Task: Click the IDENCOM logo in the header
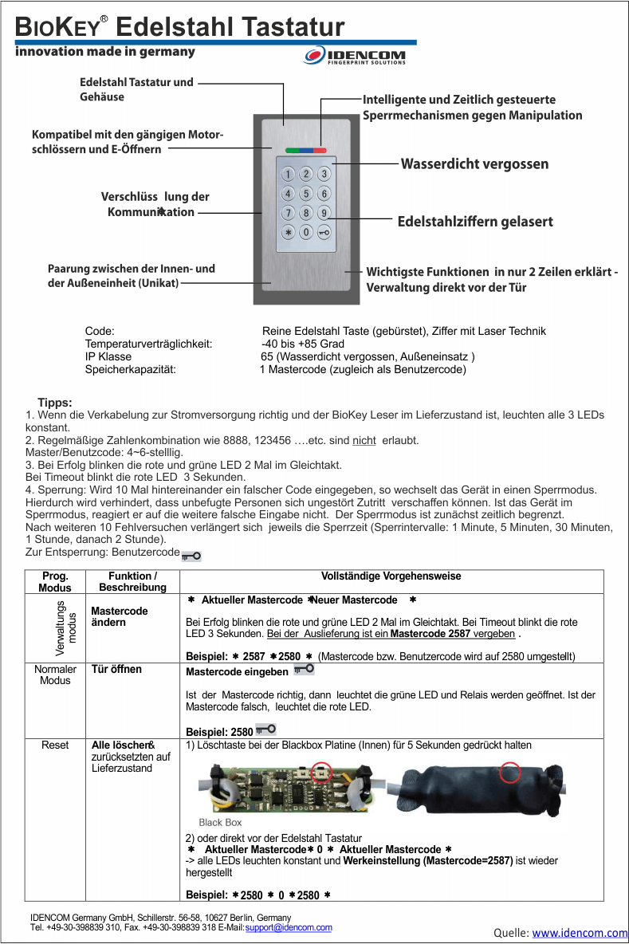coord(356,56)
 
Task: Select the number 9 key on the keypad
coord(324,213)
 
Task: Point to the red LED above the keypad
coord(320,149)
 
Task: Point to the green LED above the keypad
coord(288,149)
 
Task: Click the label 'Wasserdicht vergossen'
coord(474,164)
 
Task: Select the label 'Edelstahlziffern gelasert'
coord(475,222)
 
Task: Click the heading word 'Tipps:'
coord(55,403)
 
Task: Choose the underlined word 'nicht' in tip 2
coord(364,441)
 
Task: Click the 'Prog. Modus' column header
coord(55,581)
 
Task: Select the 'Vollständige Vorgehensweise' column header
coord(391,576)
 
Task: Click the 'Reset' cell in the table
coord(55,745)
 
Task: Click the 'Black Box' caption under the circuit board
coord(220,822)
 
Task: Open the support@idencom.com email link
coord(289,928)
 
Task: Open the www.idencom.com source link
coord(580,933)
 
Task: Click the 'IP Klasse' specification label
coord(108,356)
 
